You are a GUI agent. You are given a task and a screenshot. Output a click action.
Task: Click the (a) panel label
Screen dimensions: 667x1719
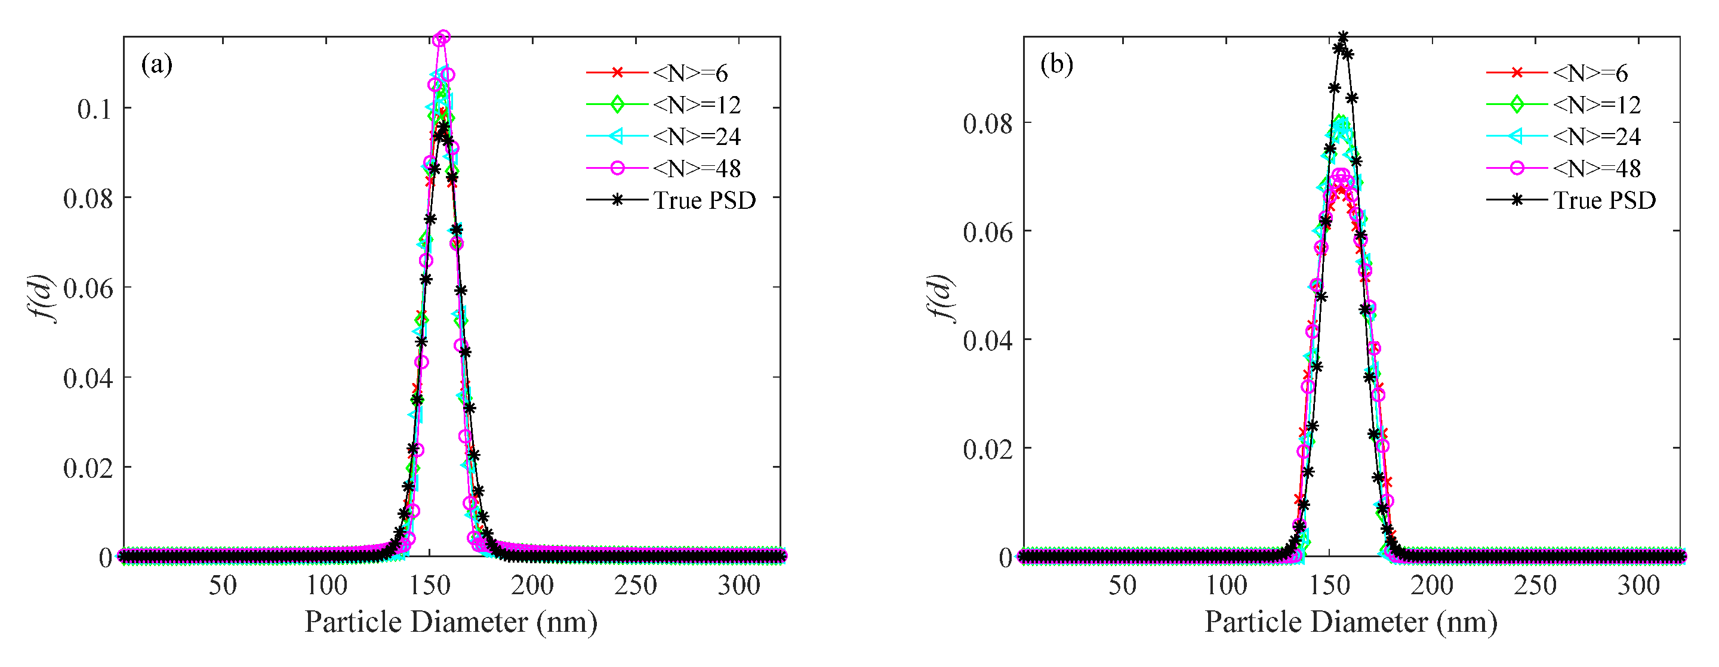tap(157, 64)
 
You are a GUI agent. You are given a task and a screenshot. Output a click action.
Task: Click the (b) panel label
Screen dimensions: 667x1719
tap(1056, 64)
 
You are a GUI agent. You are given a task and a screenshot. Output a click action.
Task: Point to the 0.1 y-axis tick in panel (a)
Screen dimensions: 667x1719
tap(94, 109)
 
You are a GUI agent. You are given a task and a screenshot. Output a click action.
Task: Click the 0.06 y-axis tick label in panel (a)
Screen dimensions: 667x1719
tap(87, 289)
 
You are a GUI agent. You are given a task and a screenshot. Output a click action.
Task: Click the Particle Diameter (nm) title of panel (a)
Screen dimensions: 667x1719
tap(451, 622)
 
